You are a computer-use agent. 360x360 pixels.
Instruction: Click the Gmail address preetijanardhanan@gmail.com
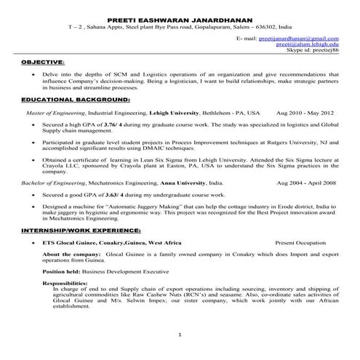point(297,38)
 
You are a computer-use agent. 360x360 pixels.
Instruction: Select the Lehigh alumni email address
point(308,44)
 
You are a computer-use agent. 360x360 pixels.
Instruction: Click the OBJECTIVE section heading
point(43,63)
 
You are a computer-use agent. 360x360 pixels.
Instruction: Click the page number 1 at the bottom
point(180,334)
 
